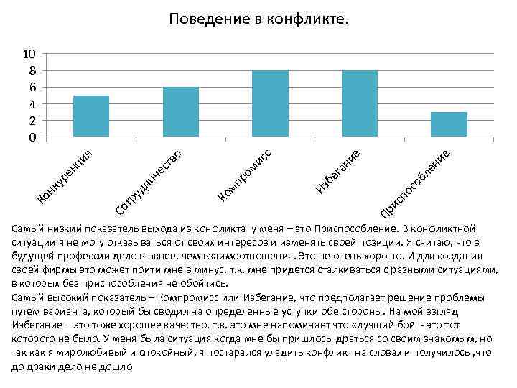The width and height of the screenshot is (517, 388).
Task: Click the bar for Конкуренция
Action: pos(91,116)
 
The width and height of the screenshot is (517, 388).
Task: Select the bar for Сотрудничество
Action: pos(181,112)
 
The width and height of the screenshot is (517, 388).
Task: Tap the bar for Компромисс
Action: pos(271,103)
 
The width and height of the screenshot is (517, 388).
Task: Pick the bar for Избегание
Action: pos(360,103)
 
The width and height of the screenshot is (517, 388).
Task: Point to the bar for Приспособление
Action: pos(450,124)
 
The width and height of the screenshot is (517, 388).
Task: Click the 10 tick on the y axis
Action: pos(29,54)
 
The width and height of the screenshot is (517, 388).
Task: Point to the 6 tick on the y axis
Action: pos(32,87)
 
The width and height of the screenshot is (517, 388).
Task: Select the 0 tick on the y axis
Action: pos(32,137)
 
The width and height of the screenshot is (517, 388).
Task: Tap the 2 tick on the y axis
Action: pos(32,120)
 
